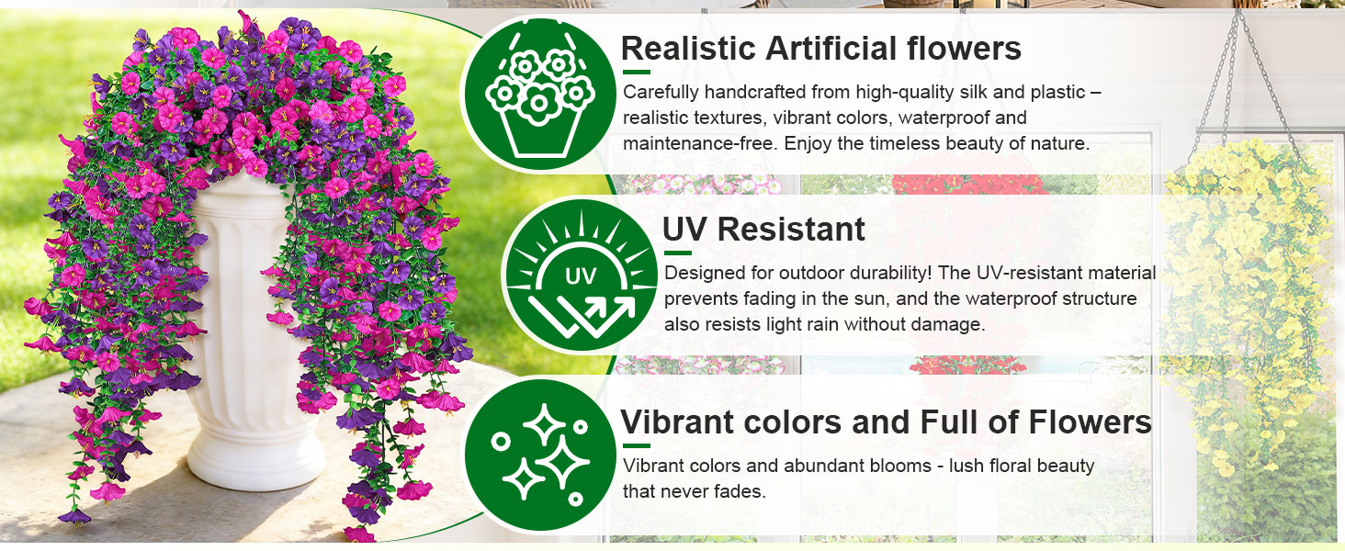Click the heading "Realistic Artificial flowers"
coord(820,48)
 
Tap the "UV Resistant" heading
coord(763,230)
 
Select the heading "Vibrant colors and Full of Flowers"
coord(886,422)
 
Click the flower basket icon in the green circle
coord(537,95)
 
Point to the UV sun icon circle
coord(581,275)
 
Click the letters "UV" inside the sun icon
coord(581,275)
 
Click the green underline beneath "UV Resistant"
coord(677,253)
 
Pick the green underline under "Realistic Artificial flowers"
coord(636,71)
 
